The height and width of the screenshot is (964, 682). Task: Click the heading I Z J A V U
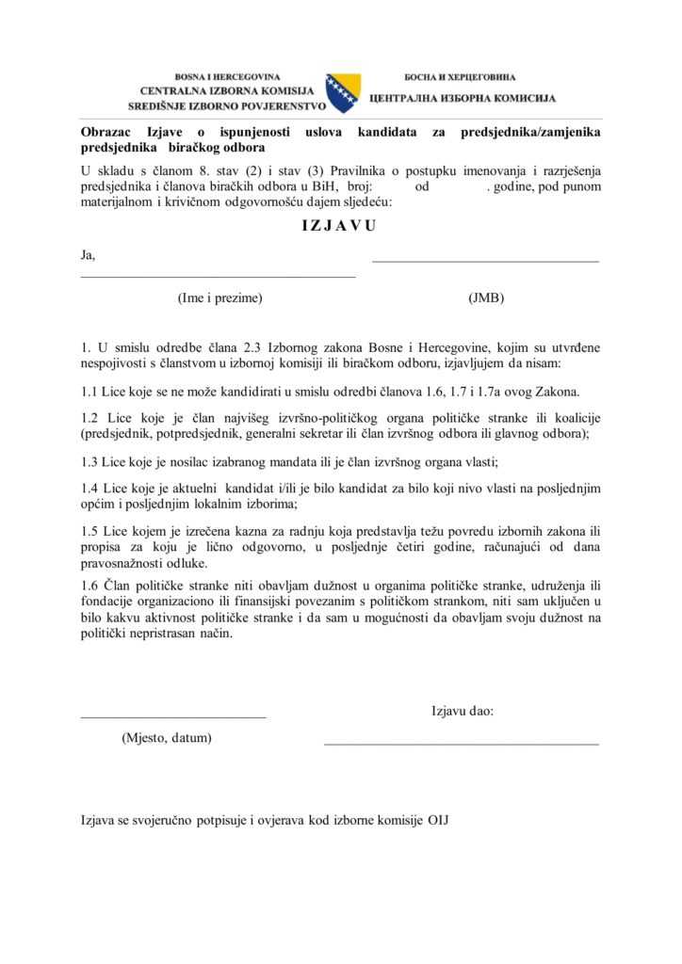tap(339, 226)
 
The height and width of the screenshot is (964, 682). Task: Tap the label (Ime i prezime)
tap(219, 298)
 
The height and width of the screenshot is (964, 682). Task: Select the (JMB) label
tap(486, 298)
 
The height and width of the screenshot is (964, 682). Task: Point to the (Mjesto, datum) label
tap(167, 737)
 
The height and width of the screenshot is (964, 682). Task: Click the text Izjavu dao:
tap(463, 711)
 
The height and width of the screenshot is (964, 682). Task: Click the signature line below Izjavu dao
tap(461, 744)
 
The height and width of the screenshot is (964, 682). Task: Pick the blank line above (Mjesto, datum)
tap(173, 717)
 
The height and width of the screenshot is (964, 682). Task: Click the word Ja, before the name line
tap(89, 254)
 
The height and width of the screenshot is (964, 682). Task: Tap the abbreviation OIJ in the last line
tap(439, 820)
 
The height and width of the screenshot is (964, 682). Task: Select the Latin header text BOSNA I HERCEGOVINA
tap(227, 76)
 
